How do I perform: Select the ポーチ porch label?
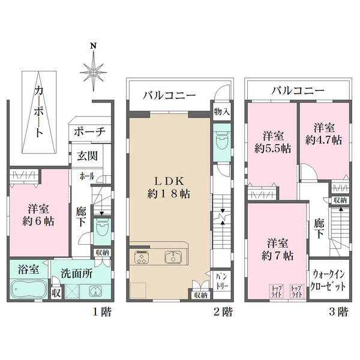coord(90,132)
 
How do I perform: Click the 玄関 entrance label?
coord(83,157)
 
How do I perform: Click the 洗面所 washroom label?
coord(76,273)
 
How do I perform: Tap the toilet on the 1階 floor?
coord(102,228)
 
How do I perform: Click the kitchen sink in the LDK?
coord(173,259)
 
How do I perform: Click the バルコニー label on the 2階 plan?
coord(169,95)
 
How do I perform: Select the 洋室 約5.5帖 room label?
coord(272,141)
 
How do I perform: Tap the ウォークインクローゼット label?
coord(328,280)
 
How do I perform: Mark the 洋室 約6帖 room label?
coord(40,215)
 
